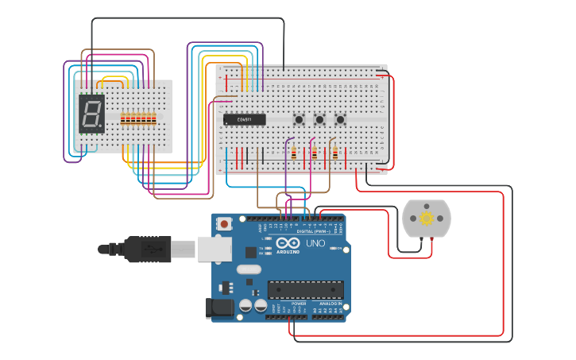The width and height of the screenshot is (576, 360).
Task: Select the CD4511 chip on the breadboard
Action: [245, 120]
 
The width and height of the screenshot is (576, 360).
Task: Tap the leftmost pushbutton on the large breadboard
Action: [299, 120]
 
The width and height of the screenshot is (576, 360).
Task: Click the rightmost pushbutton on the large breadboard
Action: [340, 120]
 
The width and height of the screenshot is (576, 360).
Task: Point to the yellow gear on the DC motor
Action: [427, 218]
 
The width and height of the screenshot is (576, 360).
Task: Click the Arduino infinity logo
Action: [289, 243]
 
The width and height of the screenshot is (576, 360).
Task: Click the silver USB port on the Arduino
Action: [212, 249]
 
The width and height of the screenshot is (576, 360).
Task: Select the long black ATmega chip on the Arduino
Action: [306, 291]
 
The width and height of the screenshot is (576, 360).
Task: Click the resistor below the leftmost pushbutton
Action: [294, 153]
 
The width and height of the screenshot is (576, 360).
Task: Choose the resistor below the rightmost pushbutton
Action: [334, 153]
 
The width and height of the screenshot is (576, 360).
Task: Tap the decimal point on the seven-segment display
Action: [102, 130]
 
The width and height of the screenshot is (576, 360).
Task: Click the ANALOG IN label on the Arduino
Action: [331, 304]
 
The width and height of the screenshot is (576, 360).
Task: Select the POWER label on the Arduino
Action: [299, 304]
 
